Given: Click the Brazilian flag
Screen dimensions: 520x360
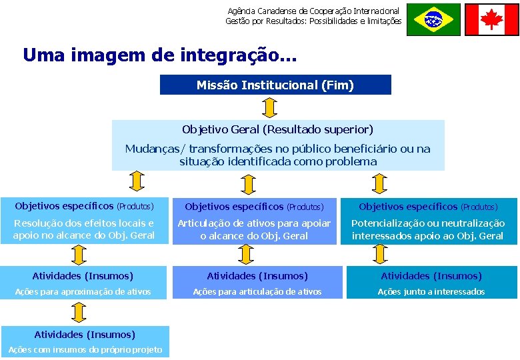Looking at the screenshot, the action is pos(433,19).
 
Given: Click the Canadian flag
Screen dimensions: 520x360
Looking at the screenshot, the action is pos(491,19).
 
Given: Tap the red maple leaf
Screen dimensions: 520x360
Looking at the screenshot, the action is pos(491,19).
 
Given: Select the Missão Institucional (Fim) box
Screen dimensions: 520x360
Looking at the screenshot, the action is pos(275,85).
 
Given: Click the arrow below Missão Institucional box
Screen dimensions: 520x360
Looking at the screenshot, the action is pos(269,107).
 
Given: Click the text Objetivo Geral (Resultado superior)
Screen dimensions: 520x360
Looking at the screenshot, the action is pos(277,129).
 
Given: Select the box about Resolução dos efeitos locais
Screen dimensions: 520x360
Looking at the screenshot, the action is pos(85,219).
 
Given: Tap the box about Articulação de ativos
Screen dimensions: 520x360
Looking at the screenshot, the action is pos(253,219).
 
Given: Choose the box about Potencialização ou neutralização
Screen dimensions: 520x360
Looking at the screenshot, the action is pos(429,219).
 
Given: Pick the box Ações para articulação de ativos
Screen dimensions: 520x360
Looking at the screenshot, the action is pos(257,283).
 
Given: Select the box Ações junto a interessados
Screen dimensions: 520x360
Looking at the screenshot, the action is pos(431,283).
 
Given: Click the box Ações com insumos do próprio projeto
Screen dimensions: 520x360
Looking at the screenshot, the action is pos(85,342).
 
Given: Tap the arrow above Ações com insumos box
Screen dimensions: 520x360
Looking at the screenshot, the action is pos(79,313).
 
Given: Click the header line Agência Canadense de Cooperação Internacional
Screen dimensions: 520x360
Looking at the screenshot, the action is pos(313,11).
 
